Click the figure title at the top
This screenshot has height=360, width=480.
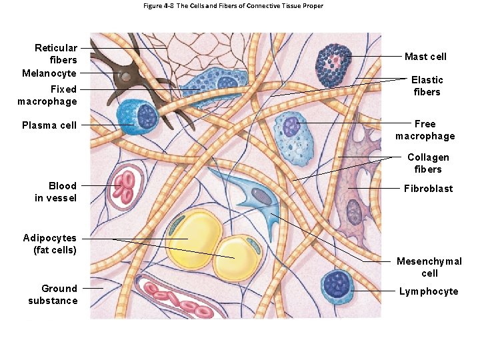click(233, 6)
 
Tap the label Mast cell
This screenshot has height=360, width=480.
click(425, 57)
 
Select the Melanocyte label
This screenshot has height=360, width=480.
click(49, 73)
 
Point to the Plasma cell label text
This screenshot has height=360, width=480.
click(49, 125)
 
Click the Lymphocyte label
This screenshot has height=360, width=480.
click(429, 291)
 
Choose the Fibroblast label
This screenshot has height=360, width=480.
click(428, 189)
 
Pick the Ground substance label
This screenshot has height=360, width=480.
click(53, 295)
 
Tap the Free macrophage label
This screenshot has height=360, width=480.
click(425, 130)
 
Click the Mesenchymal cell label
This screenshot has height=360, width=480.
click(429, 267)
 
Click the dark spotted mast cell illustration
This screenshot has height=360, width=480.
click(335, 65)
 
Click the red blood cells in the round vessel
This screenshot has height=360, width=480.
click(124, 187)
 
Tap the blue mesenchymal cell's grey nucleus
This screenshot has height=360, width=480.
click(259, 196)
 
